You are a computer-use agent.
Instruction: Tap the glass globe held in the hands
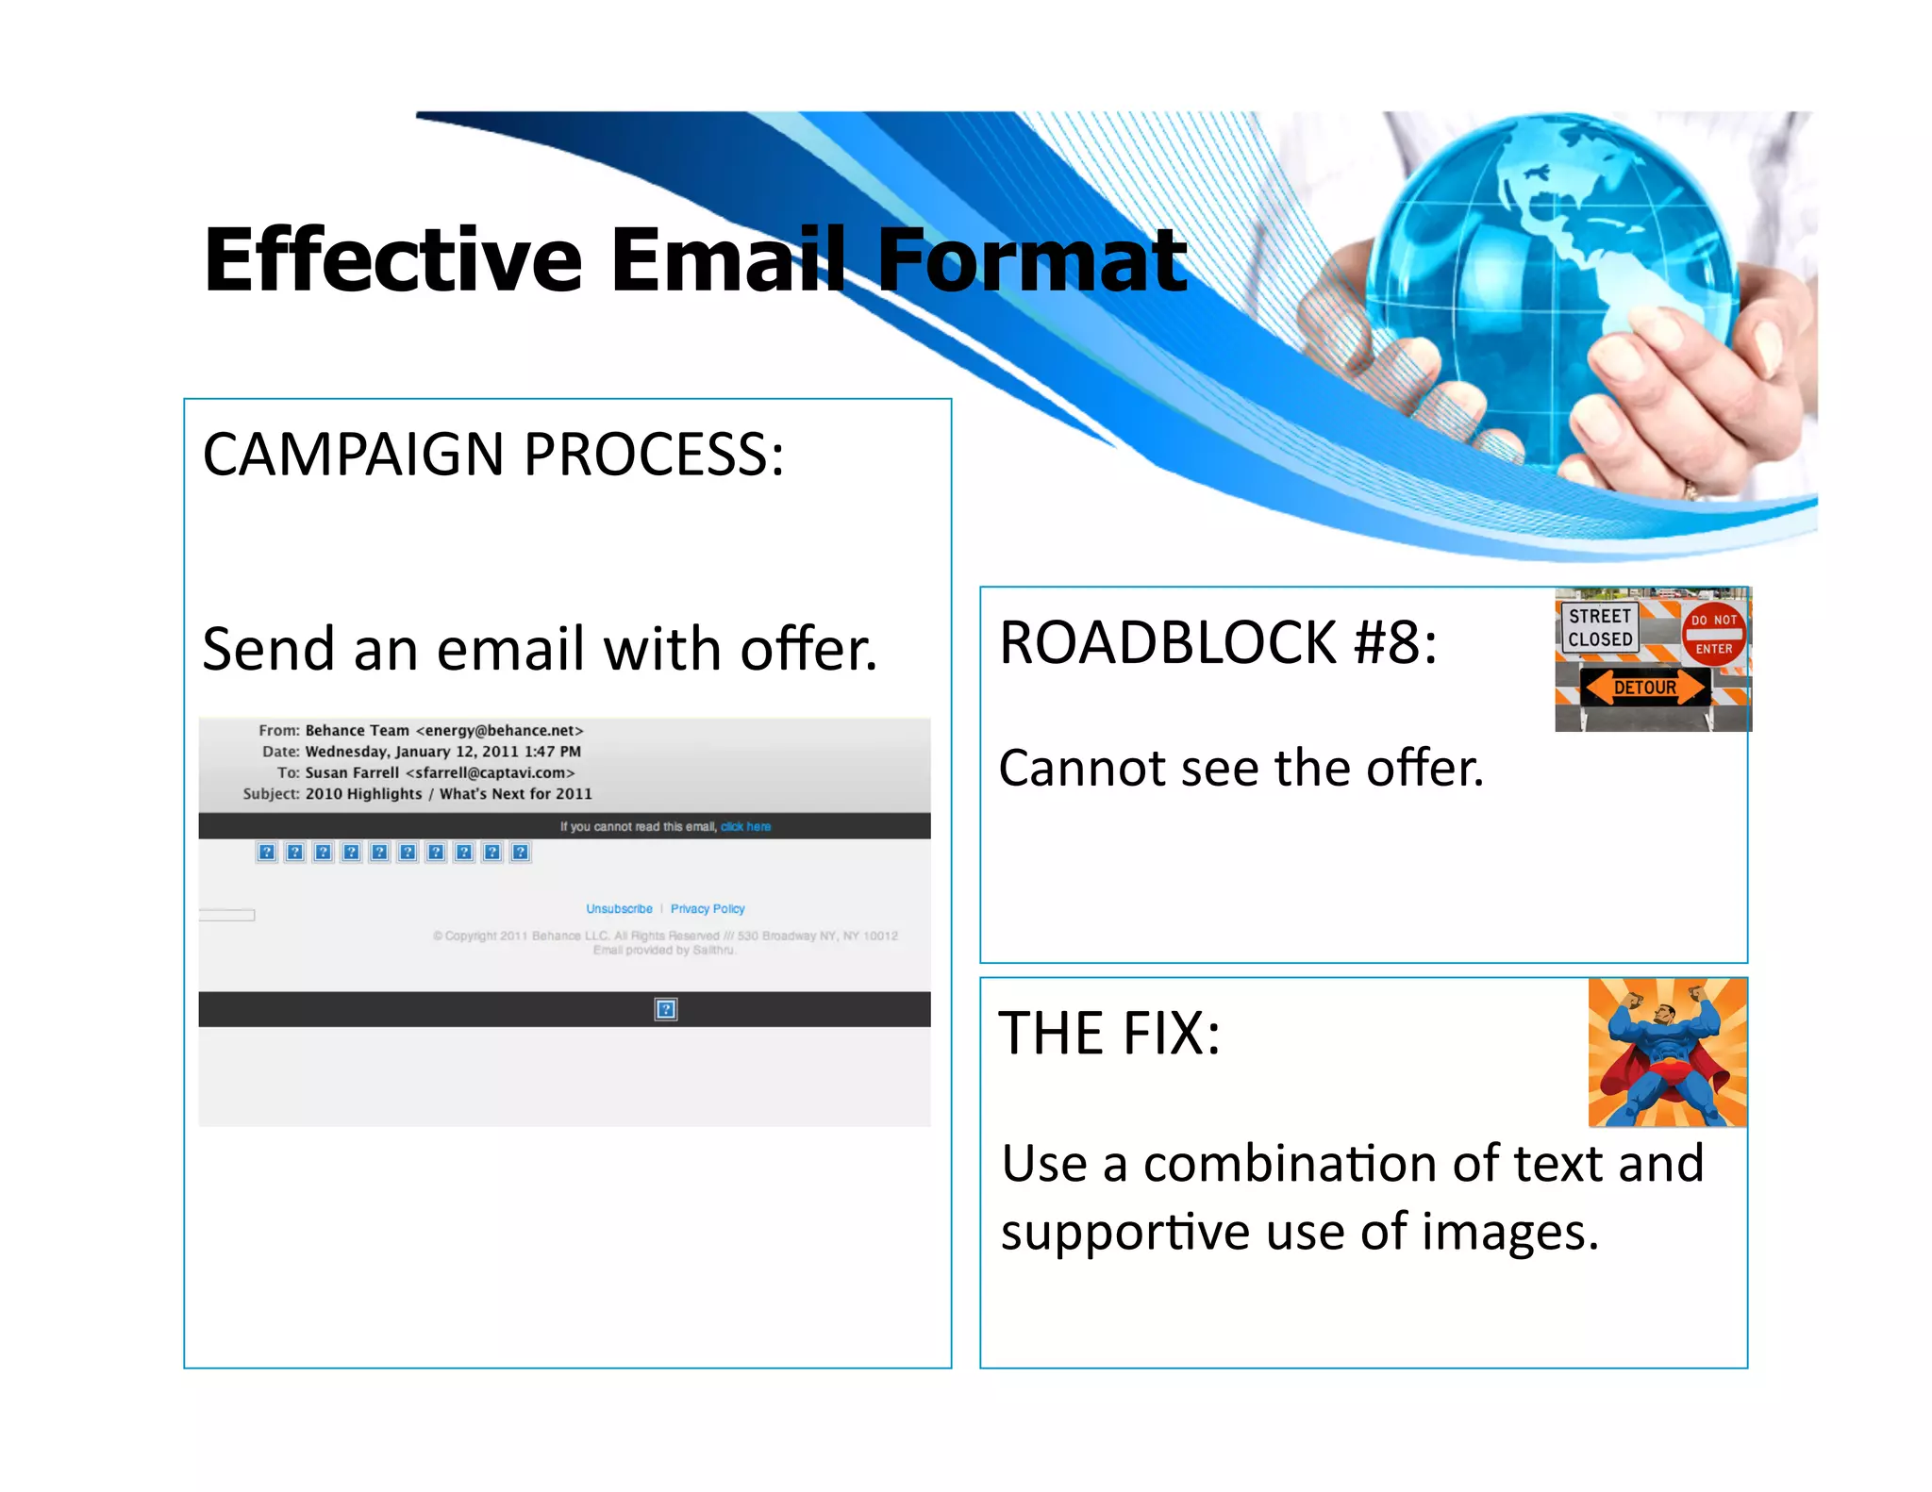point(1547,283)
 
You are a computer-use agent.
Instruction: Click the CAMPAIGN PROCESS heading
point(492,455)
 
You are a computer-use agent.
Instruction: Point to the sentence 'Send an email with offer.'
point(540,650)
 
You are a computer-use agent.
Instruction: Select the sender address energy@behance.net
point(500,731)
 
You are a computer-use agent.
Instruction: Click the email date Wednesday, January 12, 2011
point(442,752)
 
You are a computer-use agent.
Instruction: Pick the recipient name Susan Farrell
point(352,773)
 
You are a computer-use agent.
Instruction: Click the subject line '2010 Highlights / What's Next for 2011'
point(448,794)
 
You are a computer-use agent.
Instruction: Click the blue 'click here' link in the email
point(745,827)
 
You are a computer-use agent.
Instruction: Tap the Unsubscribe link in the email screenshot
point(619,909)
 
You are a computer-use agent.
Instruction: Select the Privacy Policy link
point(708,909)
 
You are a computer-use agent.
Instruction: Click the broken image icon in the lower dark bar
point(665,1010)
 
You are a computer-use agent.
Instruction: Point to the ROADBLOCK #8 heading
point(1218,643)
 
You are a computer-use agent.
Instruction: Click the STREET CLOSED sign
point(1600,628)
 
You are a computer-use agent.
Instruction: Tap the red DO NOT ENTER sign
point(1713,635)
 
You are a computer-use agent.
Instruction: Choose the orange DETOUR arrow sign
point(1645,688)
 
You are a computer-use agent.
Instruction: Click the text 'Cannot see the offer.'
point(1241,769)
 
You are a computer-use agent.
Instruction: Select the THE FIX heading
point(1109,1034)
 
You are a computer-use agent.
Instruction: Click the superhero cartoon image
point(1667,1053)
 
